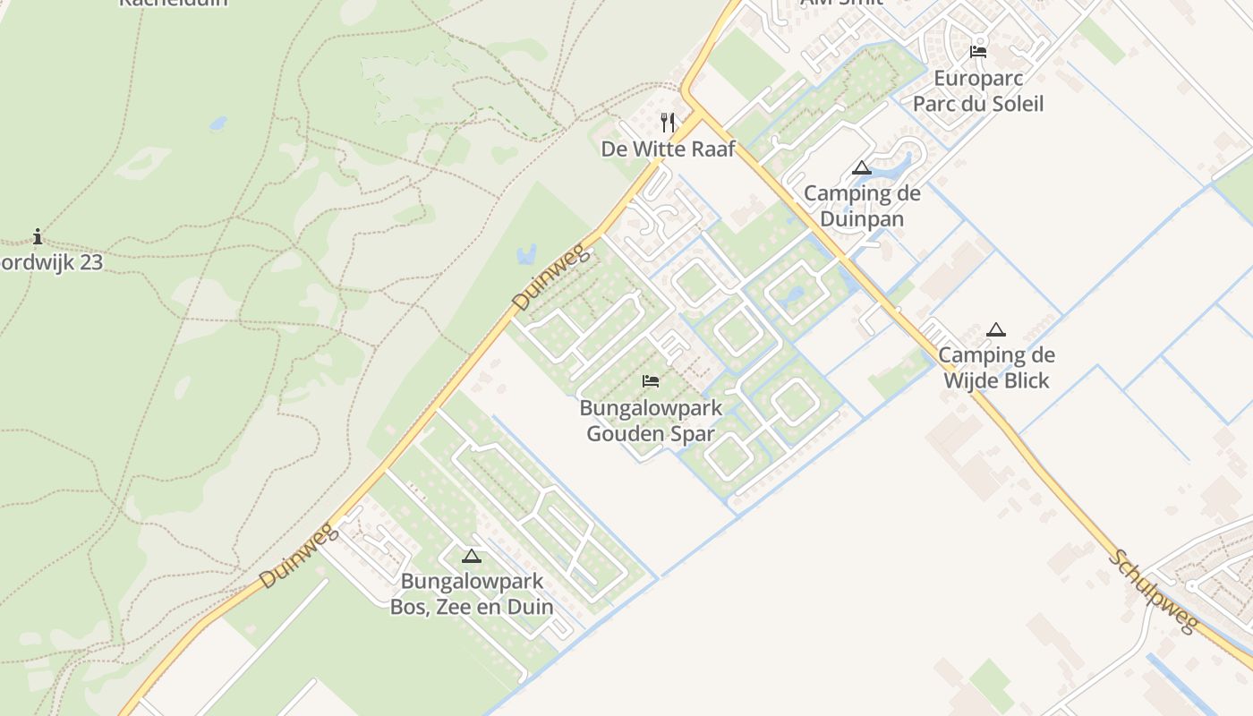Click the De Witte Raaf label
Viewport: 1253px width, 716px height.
tap(668, 149)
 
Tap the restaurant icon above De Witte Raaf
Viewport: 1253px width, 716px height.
tap(668, 122)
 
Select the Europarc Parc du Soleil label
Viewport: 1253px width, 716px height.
tap(977, 90)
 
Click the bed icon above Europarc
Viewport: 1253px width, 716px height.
tap(978, 52)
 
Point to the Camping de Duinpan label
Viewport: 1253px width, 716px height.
tap(861, 206)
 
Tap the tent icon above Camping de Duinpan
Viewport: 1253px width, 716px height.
tap(861, 167)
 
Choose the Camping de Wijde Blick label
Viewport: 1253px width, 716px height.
tap(996, 368)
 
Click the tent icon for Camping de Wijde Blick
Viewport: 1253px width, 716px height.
tap(996, 329)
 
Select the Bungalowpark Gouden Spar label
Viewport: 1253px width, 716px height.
tap(651, 422)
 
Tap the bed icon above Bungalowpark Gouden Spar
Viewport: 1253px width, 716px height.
tap(651, 381)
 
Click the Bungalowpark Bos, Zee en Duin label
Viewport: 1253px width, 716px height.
tap(472, 593)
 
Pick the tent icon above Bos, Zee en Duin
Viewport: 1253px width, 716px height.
tap(472, 556)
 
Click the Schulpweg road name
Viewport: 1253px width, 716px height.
tap(1154, 592)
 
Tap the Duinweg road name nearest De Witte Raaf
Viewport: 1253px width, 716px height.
tap(552, 278)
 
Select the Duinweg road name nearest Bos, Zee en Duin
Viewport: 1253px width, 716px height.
tap(299, 556)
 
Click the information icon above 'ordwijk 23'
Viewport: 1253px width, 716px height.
tap(38, 237)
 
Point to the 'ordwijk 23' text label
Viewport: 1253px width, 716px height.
tap(51, 262)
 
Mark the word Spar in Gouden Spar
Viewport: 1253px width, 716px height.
tap(695, 434)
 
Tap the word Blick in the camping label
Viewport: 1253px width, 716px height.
tap(1023, 380)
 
